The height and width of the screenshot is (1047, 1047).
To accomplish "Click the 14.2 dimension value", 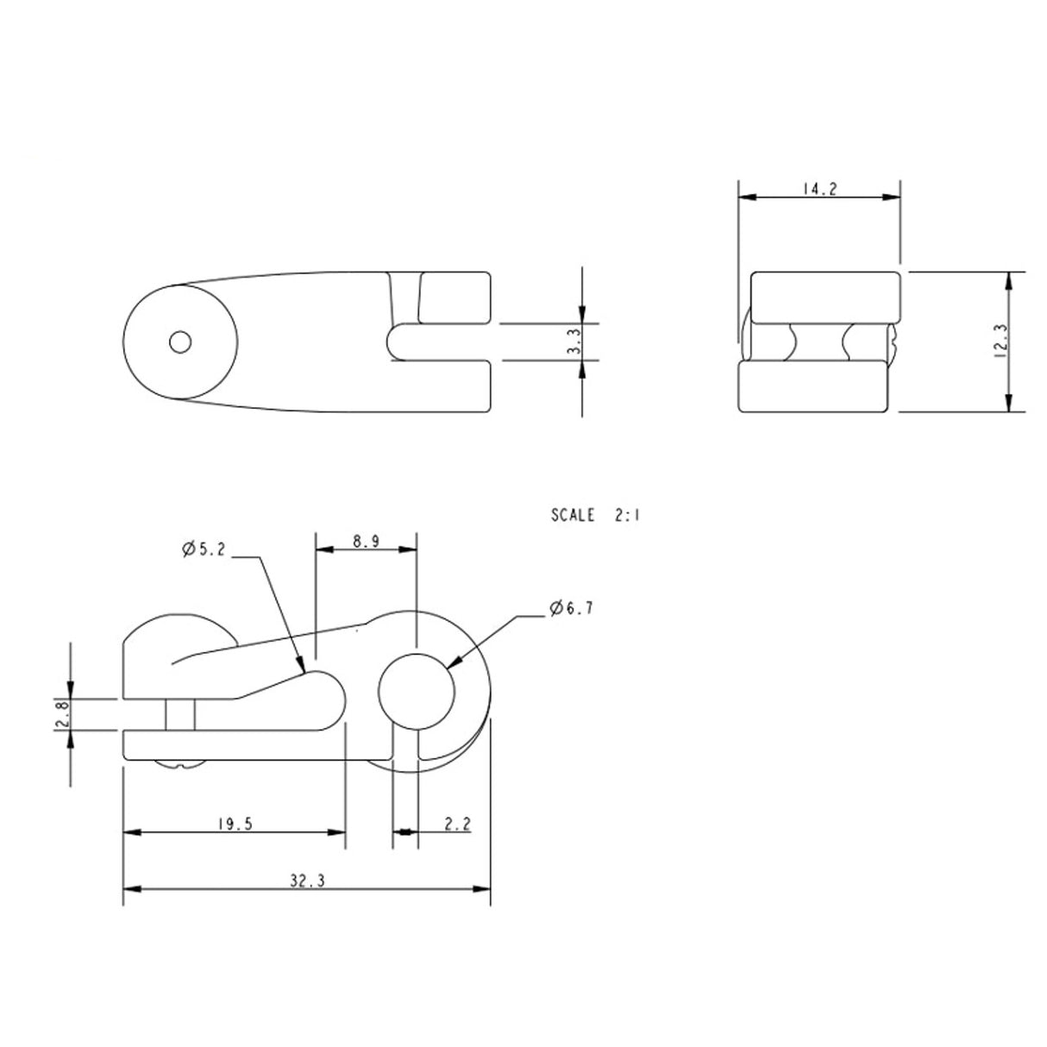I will (x=820, y=190).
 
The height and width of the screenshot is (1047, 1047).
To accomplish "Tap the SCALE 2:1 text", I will (x=596, y=516).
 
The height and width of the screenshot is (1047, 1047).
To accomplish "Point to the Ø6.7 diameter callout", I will (x=571, y=609).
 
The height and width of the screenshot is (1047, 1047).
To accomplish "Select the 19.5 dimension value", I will (x=235, y=824).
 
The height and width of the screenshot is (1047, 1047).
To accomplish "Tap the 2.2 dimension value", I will (x=458, y=824).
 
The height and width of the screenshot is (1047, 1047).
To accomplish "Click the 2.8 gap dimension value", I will (x=61, y=714).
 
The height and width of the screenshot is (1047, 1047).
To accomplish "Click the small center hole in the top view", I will (x=180, y=342).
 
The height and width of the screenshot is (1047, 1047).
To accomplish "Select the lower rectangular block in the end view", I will (x=813, y=386).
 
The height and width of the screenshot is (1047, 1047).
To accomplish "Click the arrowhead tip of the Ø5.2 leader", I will (x=304, y=671).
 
